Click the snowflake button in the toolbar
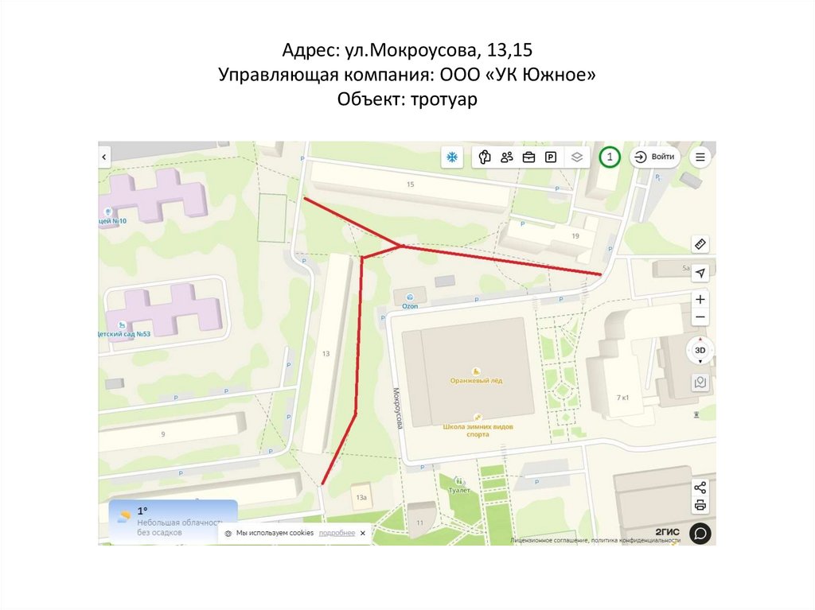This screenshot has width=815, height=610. pyautogui.click(x=451, y=157)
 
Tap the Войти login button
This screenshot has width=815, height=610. pyautogui.click(x=655, y=157)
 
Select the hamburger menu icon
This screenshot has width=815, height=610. pyautogui.click(x=700, y=157)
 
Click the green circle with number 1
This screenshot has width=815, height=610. pyautogui.click(x=610, y=157)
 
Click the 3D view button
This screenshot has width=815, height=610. pyautogui.click(x=700, y=350)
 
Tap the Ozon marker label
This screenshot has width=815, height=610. pyautogui.click(x=410, y=305)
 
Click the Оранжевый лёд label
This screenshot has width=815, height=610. pyautogui.click(x=476, y=380)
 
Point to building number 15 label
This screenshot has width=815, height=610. pyautogui.click(x=410, y=185)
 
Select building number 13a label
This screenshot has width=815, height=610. pyautogui.click(x=361, y=498)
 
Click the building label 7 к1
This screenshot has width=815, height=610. pyautogui.click(x=623, y=397)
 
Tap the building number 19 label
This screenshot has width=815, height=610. pyautogui.click(x=575, y=236)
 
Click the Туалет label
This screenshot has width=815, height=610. pyautogui.click(x=459, y=490)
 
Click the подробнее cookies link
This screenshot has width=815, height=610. pyautogui.click(x=337, y=533)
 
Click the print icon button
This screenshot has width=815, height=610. pyautogui.click(x=700, y=505)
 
